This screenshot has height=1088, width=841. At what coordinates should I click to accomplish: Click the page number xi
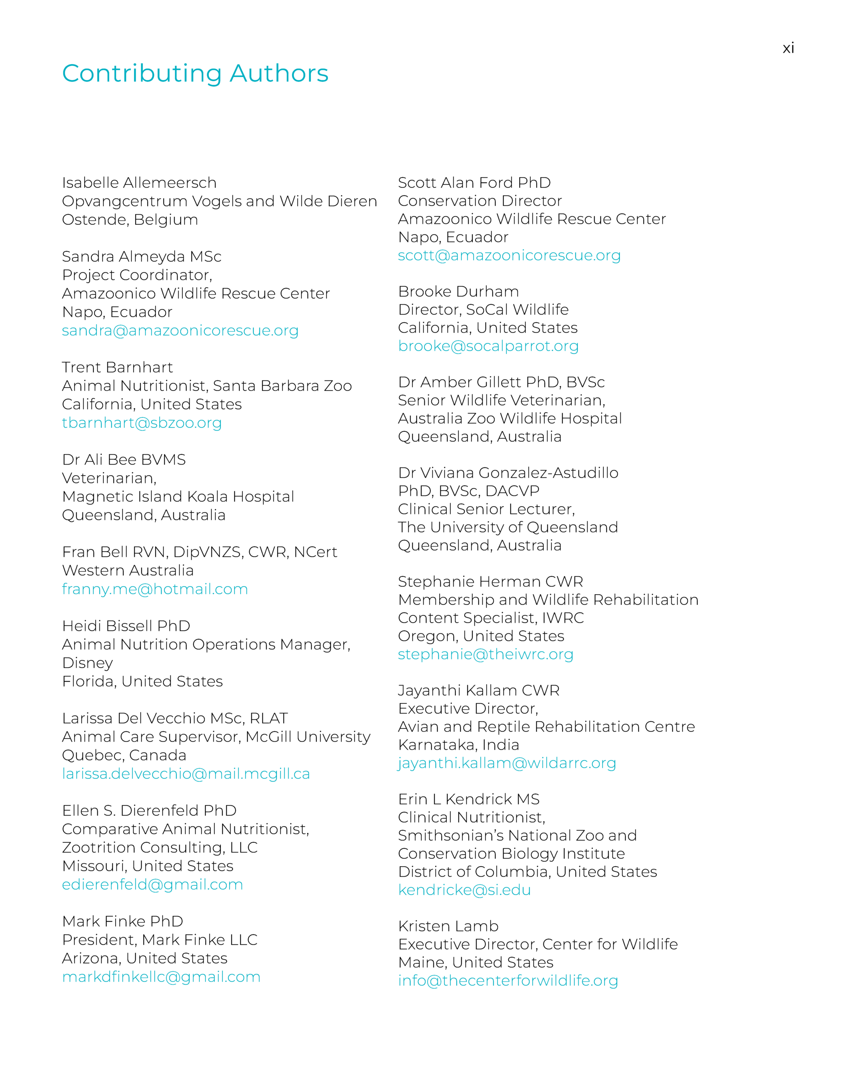[x=788, y=48]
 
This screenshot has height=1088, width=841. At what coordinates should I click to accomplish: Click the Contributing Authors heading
[x=195, y=73]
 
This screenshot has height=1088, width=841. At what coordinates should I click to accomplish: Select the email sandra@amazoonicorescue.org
[x=180, y=330]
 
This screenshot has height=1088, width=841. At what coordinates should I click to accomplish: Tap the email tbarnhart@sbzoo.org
[x=142, y=422]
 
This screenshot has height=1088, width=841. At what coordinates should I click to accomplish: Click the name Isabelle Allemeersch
[x=139, y=183]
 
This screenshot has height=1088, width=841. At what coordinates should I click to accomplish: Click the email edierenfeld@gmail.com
[x=152, y=884]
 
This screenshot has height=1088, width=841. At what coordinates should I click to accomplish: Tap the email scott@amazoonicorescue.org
[x=509, y=255]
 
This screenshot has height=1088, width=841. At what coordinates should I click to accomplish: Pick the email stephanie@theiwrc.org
[x=486, y=654]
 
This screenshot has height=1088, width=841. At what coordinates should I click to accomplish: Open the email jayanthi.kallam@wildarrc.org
[x=506, y=763]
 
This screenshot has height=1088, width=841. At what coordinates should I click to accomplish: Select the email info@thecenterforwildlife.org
[x=508, y=980]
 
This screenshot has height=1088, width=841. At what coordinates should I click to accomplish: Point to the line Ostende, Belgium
[x=130, y=220]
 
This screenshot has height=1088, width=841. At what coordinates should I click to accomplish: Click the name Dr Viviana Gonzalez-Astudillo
[x=508, y=473]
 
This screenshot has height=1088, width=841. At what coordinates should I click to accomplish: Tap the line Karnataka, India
[x=458, y=745]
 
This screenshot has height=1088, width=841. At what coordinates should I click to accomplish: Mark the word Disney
[x=87, y=663]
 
